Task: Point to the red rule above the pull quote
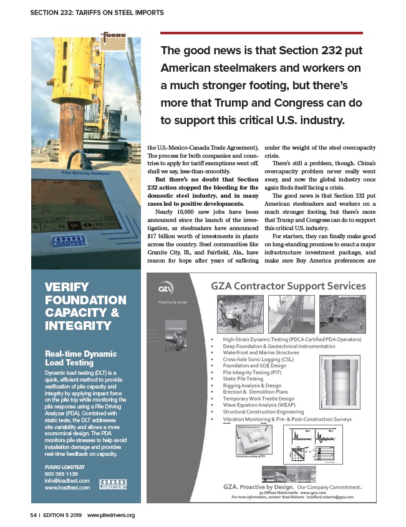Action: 261,33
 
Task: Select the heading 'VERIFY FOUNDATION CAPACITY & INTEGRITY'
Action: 85,306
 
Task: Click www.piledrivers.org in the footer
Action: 111,515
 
